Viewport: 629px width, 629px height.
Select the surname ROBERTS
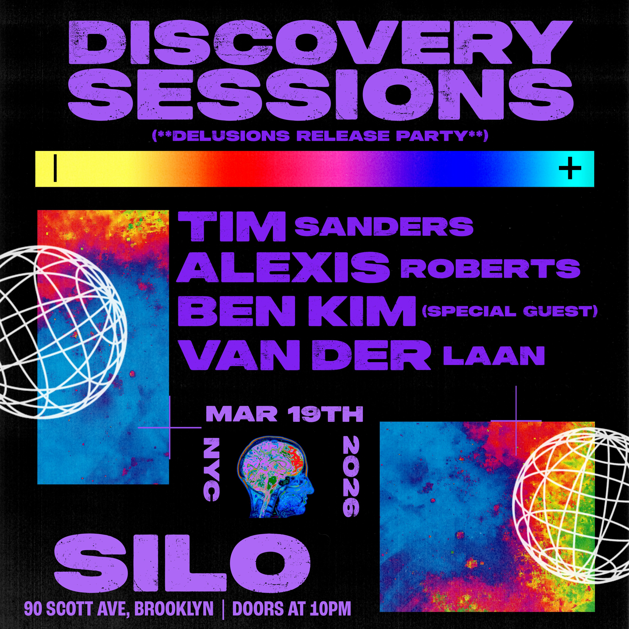tap(490, 269)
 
